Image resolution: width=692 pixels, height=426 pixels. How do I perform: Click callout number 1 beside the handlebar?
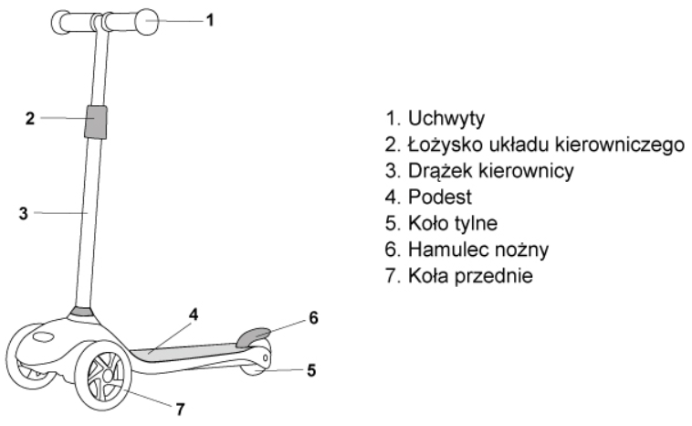(211, 20)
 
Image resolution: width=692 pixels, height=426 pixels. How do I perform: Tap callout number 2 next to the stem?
(29, 119)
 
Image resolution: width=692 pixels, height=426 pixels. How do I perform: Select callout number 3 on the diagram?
(24, 213)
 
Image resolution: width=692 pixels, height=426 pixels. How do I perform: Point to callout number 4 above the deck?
(194, 314)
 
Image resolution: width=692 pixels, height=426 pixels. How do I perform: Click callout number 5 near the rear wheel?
(311, 370)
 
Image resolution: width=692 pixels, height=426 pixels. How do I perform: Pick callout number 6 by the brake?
(313, 318)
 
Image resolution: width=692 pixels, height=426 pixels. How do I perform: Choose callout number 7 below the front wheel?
(180, 410)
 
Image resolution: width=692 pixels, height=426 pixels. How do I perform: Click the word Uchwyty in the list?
(446, 119)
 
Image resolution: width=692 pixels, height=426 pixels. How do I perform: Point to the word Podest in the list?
(440, 197)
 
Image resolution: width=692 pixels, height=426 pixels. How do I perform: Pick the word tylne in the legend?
(478, 223)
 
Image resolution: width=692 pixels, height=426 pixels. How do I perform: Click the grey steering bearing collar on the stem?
(96, 122)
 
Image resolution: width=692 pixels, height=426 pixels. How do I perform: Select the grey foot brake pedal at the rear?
(253, 337)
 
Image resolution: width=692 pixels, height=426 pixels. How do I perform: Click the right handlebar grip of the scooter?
(131, 22)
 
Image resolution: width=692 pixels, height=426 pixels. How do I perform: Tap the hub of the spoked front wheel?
(107, 376)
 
